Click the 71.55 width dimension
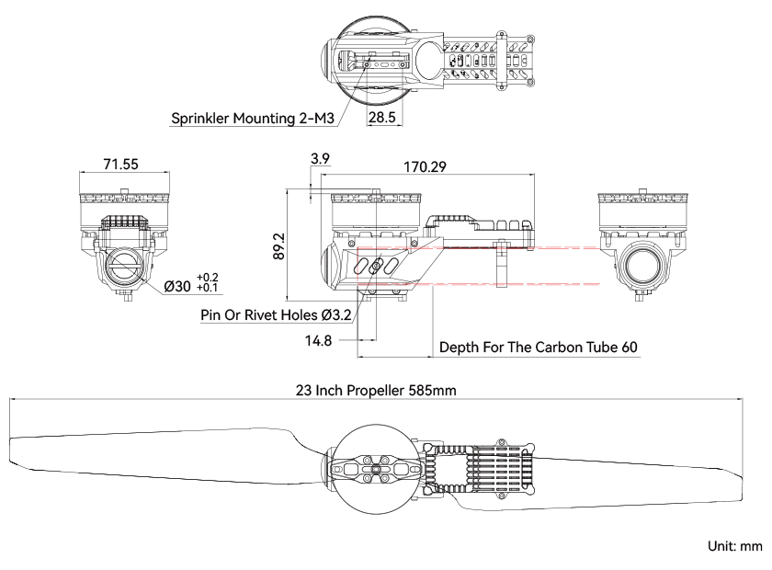coord(120,164)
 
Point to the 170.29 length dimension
coord(425,167)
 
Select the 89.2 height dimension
coord(279,246)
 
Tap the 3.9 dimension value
coord(320,159)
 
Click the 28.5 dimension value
coord(382,118)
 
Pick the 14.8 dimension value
coord(318,340)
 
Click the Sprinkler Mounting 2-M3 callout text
coord(253,119)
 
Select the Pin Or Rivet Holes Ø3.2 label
coord(276,314)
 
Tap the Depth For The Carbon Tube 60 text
coord(539,348)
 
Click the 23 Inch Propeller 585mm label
coord(376,390)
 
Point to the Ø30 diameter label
coord(177,286)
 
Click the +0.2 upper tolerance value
coord(208,278)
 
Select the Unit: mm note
coord(735,546)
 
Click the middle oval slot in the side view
coord(376,266)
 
